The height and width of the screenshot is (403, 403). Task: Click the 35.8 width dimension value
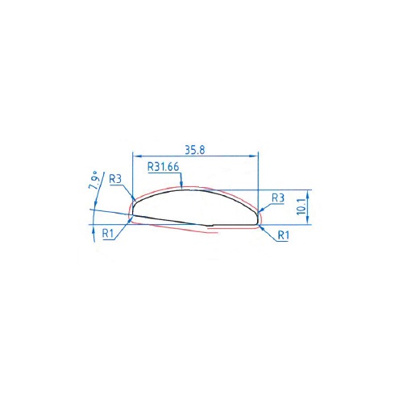[x=195, y=150]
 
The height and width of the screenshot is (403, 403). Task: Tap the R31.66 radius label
[x=163, y=167]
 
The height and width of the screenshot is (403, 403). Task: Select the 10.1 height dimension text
[x=301, y=206]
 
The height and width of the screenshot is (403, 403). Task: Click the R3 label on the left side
[x=115, y=179]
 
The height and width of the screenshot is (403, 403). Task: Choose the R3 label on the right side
[x=278, y=198]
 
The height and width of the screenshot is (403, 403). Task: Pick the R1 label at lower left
[x=108, y=234]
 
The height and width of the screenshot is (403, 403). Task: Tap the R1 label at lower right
[x=284, y=235]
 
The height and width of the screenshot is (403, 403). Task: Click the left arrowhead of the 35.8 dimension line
[x=137, y=156]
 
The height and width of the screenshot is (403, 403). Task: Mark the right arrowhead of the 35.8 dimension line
[x=254, y=156]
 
